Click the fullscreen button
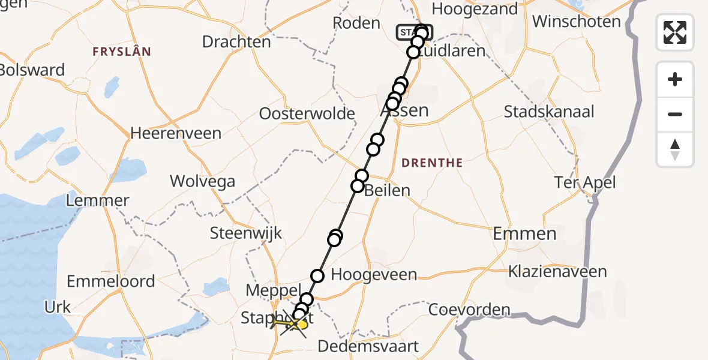pos(675,32)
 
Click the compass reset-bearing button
pos(675,149)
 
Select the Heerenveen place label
pos(176,133)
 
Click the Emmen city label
pos(524,233)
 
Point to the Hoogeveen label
pos(374,275)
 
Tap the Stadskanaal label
pos(549,112)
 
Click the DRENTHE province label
pos(432,163)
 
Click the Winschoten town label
pos(576,22)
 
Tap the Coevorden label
pos(469,310)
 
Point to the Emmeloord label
pos(110,281)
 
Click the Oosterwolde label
pos(307,113)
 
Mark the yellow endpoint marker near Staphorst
pos(302,325)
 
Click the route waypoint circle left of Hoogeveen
pos(317,276)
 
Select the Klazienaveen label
pos(557,271)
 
